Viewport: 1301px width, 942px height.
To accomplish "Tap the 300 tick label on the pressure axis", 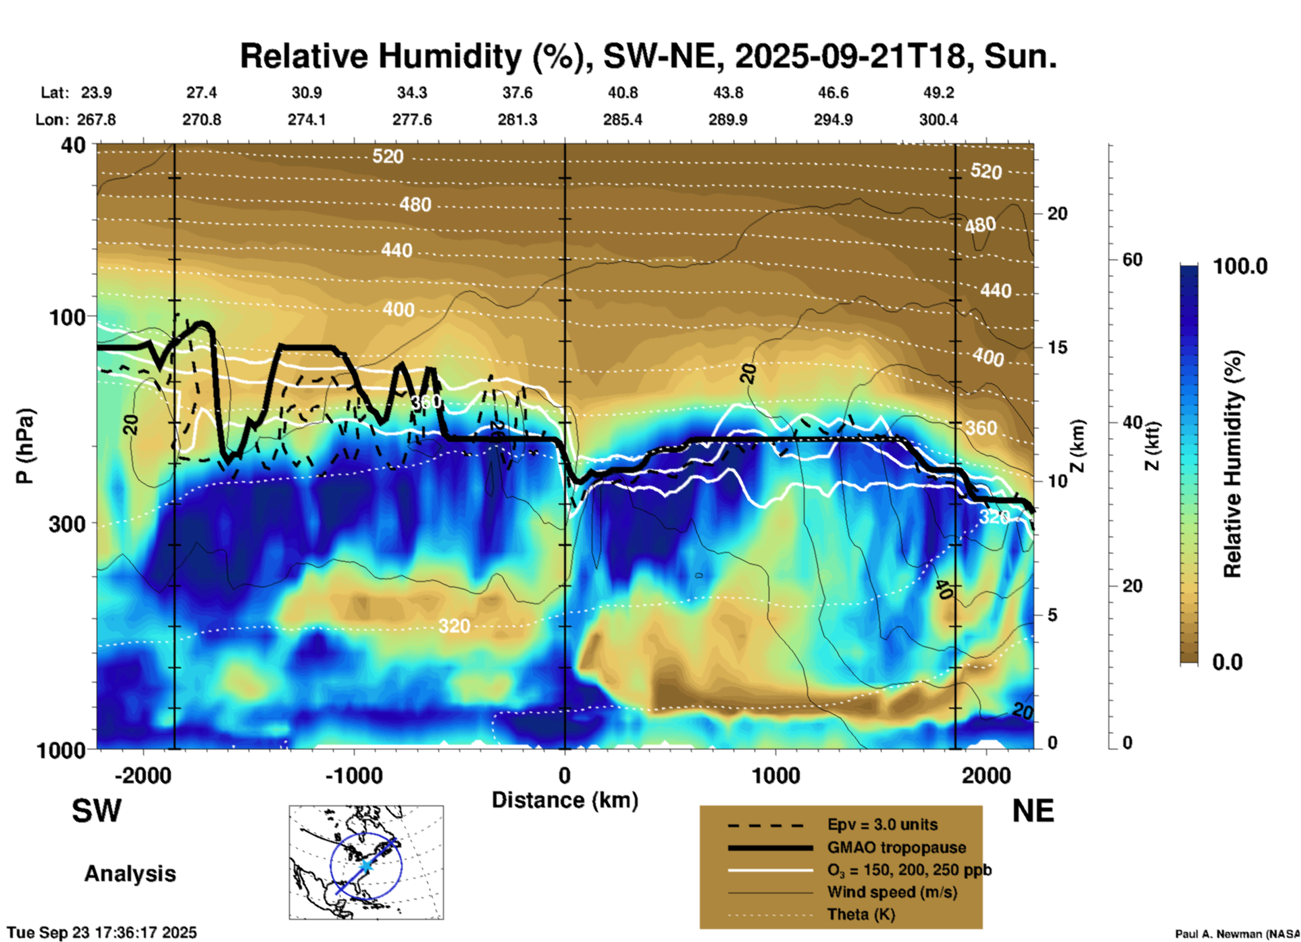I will click(68, 524).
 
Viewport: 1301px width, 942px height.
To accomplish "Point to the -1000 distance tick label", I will click(354, 775).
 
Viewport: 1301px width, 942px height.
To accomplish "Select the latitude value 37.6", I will click(517, 93).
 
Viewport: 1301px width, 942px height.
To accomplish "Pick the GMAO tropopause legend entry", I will click(896, 847).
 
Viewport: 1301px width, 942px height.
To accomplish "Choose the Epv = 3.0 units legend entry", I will click(882, 824).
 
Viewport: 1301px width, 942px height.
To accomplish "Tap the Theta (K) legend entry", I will click(861, 914).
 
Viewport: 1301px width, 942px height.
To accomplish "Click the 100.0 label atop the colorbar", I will click(1240, 266).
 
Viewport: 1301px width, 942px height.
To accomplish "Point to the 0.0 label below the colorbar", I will click(1227, 662).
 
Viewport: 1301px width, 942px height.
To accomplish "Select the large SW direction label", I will click(97, 811).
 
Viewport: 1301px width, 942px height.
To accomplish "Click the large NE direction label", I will click(1033, 811).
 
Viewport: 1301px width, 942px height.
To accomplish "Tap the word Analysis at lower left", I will click(130, 874).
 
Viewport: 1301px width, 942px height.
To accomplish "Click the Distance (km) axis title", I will click(565, 800).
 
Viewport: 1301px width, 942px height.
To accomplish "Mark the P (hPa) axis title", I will click(25, 446).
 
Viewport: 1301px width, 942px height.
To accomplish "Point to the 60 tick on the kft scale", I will click(1132, 259).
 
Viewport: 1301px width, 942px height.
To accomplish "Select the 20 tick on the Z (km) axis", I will click(1057, 214).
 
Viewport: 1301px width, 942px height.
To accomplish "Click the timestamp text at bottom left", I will click(102, 933).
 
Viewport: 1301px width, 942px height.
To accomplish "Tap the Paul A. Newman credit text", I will click(1236, 934).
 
